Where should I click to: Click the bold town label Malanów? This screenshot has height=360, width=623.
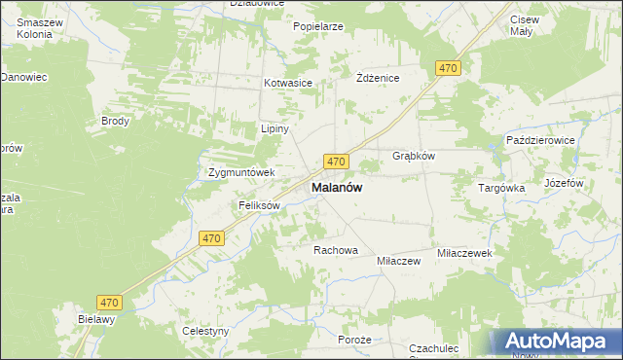tap(337, 188)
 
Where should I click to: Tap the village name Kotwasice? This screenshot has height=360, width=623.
tap(287, 84)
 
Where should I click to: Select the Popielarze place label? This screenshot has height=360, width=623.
tap(318, 26)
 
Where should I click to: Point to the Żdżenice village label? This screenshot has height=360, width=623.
tap(378, 78)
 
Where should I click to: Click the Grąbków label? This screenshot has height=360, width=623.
tap(413, 156)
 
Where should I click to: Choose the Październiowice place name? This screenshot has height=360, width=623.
tap(541, 140)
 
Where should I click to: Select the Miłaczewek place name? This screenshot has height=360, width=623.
tap(466, 252)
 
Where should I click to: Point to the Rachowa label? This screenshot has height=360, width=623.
tap(336, 250)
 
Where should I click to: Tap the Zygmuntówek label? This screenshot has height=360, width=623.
tap(242, 173)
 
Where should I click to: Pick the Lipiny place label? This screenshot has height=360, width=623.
tap(272, 128)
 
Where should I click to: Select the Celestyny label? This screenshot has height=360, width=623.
tap(205, 331)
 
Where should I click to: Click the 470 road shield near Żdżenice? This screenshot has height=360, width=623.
tap(447, 68)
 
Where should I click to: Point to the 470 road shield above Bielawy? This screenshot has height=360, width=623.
tap(110, 303)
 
